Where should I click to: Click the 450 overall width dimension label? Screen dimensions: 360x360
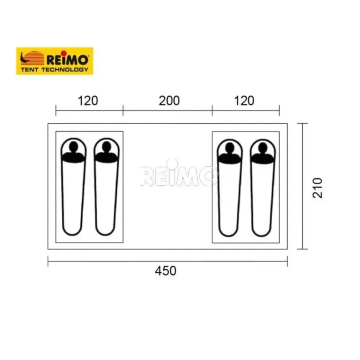[x=165, y=271]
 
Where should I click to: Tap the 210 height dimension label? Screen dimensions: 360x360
[x=318, y=188]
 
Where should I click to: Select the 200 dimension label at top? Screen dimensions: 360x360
[x=169, y=101]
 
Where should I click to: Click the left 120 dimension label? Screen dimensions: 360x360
[x=88, y=101]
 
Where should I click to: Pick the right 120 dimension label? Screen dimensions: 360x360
[x=244, y=101]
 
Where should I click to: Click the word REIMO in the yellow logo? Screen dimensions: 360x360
[x=68, y=60]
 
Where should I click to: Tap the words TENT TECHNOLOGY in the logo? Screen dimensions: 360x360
[x=54, y=70]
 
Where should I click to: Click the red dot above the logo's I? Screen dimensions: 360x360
[x=64, y=53]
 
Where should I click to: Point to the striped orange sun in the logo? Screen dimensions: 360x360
[x=34, y=58]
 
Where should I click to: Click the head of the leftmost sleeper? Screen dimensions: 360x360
[x=73, y=146]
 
